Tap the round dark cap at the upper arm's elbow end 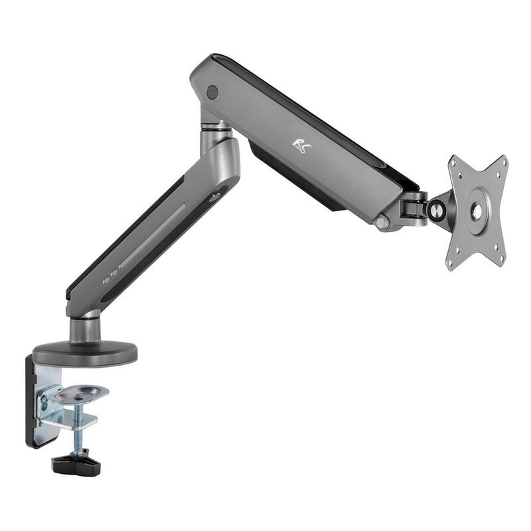(212, 92)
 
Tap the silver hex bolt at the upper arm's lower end (382, 224)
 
